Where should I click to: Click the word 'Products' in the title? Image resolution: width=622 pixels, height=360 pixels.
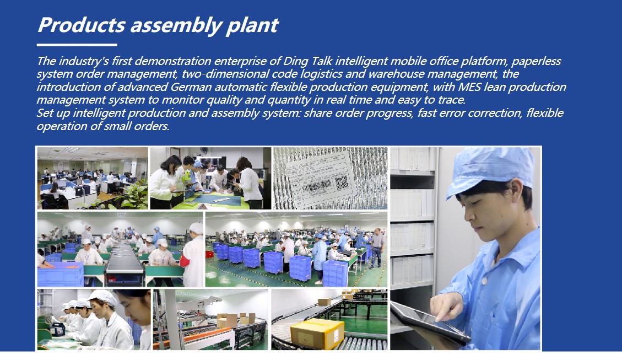pos(82,25)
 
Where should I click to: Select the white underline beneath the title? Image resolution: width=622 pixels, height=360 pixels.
pos(77,45)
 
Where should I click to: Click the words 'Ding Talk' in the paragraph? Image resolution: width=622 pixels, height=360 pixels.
pos(307,62)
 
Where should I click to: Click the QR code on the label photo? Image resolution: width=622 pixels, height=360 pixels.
pos(341,183)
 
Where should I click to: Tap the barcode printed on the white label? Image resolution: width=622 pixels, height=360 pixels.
pos(317,186)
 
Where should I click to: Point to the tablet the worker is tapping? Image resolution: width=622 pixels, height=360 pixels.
pos(430,323)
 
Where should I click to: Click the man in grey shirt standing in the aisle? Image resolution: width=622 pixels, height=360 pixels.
pos(377,249)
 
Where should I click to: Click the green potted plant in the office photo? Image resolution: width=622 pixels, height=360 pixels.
pos(136,195)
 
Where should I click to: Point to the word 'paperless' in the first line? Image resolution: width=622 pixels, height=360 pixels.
pos(536,62)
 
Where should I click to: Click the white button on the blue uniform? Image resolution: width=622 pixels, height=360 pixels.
pos(484,280)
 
